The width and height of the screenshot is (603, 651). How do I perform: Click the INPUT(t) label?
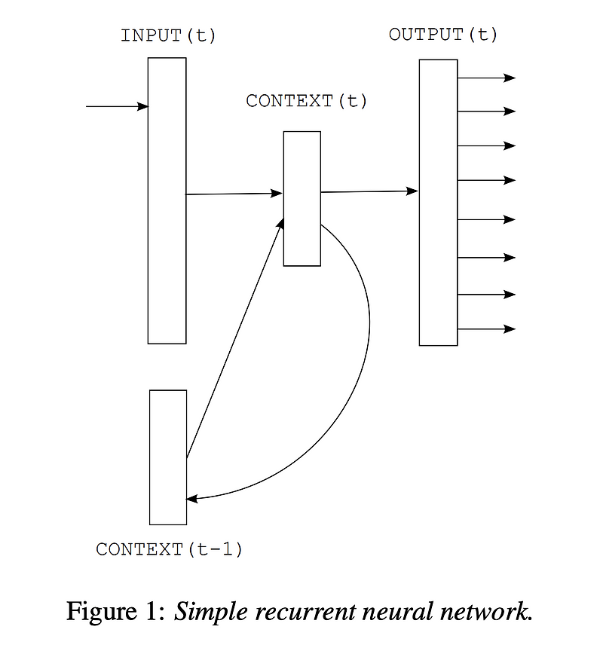[x=168, y=35]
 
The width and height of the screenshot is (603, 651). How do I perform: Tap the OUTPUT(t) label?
[x=443, y=34]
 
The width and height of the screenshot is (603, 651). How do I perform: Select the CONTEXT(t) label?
[x=307, y=100]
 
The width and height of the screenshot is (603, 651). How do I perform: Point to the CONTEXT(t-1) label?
[x=170, y=549]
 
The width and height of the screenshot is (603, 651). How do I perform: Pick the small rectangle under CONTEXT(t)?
[x=301, y=198]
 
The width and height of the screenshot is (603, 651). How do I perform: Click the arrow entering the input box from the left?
[x=117, y=107]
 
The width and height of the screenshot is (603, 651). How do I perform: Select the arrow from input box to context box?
[x=234, y=194]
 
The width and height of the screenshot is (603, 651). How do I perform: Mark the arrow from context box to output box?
[x=369, y=191]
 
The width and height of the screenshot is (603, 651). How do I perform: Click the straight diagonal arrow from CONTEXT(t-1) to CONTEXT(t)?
[x=234, y=338]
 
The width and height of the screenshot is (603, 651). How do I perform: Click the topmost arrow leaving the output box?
[x=486, y=78]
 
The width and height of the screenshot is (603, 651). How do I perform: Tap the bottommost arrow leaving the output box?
[x=486, y=329]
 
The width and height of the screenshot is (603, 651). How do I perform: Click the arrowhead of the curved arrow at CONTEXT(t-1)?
[x=192, y=499]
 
